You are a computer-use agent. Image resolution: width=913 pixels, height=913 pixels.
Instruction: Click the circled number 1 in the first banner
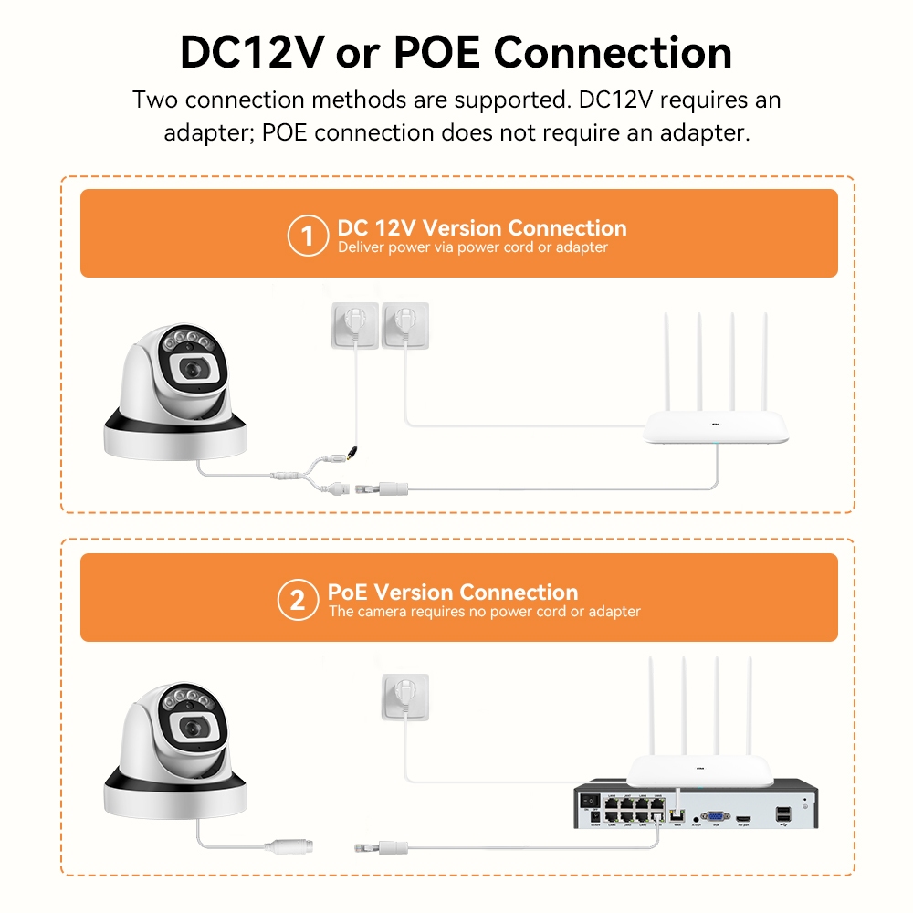(x=307, y=236)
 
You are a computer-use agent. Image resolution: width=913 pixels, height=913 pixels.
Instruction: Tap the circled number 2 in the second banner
(x=297, y=601)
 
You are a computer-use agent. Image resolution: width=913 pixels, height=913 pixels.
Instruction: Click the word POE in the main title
(x=436, y=53)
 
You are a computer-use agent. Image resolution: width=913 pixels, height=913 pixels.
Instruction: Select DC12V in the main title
(x=251, y=53)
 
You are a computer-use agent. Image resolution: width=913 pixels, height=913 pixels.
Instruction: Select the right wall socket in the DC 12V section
(x=404, y=325)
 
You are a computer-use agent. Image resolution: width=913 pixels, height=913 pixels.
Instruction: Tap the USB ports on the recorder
(x=782, y=813)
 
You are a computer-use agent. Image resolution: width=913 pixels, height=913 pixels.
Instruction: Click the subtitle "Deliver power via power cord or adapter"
(x=472, y=247)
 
